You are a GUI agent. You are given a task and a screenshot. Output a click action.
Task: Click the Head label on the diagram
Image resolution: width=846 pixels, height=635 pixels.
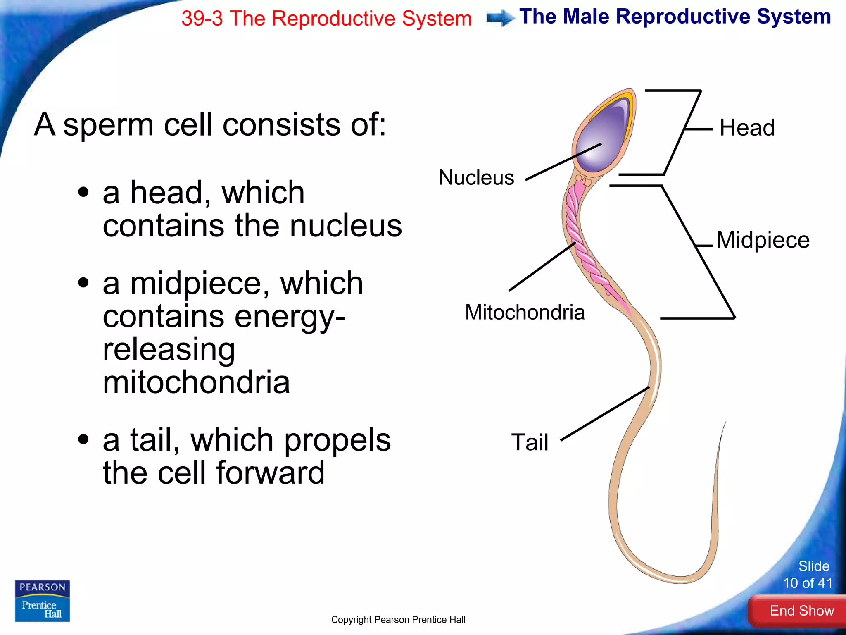tap(747, 128)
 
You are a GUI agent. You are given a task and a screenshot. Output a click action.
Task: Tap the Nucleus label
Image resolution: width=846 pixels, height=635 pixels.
tap(476, 178)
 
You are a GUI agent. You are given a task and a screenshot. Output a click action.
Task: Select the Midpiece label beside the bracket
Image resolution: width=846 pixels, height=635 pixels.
tap(763, 240)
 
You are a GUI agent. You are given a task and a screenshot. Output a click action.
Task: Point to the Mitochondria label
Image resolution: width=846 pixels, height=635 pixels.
tap(525, 313)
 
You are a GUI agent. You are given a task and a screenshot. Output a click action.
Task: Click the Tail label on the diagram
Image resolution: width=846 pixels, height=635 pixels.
tap(530, 442)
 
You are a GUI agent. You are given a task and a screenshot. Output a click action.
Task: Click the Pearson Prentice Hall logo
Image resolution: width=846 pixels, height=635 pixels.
tap(42, 601)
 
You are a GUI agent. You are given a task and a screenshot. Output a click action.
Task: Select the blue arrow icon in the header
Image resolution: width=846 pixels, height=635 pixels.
tap(500, 18)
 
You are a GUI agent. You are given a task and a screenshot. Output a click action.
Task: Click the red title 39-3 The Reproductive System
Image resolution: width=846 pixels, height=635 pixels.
tap(326, 19)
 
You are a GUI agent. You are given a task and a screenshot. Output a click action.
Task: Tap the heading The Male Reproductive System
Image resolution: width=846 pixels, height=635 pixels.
tap(675, 17)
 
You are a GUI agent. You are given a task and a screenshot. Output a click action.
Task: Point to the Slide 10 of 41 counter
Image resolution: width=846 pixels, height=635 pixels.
tap(808, 575)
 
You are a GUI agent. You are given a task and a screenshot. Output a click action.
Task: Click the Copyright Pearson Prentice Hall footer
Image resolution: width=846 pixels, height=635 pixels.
tap(398, 620)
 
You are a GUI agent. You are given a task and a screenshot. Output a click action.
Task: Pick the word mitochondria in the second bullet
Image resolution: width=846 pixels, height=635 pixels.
tap(196, 382)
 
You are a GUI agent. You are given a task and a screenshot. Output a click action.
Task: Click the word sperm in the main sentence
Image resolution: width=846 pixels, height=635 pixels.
tap(109, 125)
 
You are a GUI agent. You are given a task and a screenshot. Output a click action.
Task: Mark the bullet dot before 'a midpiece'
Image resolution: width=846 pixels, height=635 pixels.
tap(83, 283)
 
